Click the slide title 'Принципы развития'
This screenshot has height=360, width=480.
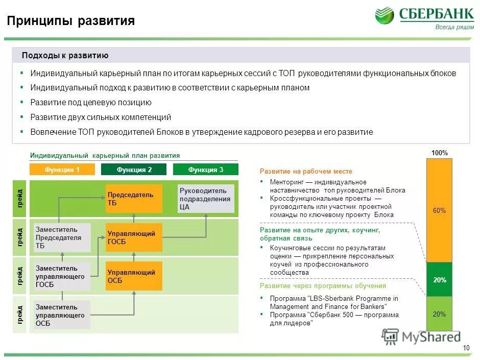coord(71,21)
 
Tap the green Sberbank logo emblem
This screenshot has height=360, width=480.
coord(385,15)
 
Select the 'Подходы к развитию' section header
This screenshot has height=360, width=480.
coord(65,56)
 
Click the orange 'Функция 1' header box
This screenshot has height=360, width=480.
coord(62,170)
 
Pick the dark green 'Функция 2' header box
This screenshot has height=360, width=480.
coord(134,170)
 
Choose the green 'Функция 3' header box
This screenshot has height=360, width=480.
coord(206,170)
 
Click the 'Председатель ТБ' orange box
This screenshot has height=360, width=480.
coord(134,199)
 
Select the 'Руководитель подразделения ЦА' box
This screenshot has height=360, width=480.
coord(206,199)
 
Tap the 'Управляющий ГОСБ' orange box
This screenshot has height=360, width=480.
coord(134,237)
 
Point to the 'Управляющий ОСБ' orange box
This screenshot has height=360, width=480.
coord(134,276)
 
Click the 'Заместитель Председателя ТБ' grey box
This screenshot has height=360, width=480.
coord(62,237)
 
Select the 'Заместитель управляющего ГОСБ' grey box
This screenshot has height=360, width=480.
coord(62,276)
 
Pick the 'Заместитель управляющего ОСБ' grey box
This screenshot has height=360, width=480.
coord(62,315)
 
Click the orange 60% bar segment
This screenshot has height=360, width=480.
coord(439,210)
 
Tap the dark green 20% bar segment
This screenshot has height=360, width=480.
coord(439,280)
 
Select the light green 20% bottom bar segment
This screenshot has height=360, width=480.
coord(439,314)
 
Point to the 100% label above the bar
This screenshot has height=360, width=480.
coord(439,153)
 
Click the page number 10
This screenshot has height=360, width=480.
coord(466,348)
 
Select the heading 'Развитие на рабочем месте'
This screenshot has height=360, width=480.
coord(306,172)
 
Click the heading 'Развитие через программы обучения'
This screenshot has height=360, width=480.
coord(323,286)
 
